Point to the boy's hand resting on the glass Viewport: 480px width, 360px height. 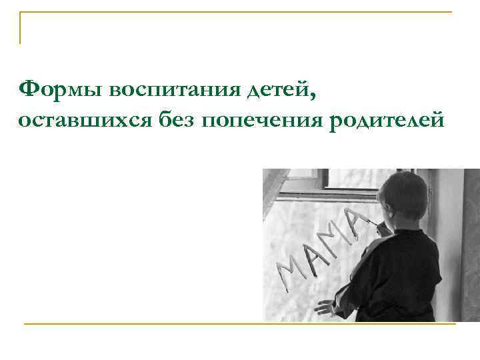pyautogui.click(x=325, y=307)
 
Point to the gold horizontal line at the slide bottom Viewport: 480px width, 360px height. pyautogui.click(x=240, y=324)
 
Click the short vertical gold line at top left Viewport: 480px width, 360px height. pyautogui.click(x=20, y=28)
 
